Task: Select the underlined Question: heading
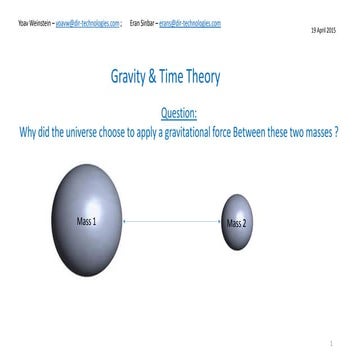pyautogui.click(x=178, y=113)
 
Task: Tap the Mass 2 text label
pyautogui.click(x=236, y=222)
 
